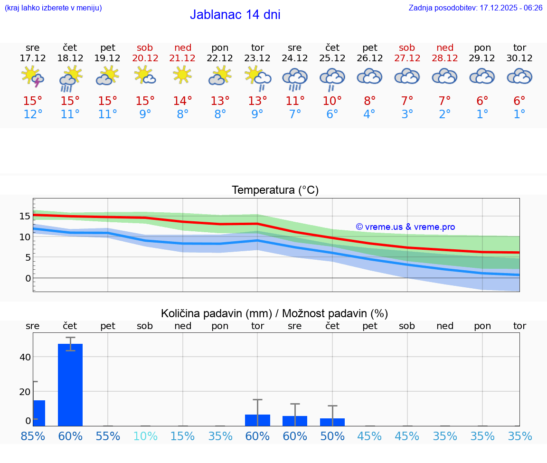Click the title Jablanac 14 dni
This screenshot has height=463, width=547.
[235, 15]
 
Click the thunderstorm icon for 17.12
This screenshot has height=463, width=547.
[33, 77]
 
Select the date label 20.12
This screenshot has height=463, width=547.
[145, 58]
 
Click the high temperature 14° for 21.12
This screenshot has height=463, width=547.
[182, 101]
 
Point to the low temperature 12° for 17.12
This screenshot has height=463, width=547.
[32, 114]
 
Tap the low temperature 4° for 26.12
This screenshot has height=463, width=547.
[369, 114]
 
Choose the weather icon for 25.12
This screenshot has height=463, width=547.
[332, 79]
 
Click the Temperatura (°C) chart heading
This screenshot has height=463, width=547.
[275, 190]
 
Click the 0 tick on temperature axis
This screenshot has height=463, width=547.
[28, 278]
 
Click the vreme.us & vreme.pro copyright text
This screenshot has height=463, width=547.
[406, 227]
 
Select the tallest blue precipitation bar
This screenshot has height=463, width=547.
[70, 385]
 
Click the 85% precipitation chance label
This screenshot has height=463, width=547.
[33, 436]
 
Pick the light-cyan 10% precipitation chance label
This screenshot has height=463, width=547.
[145, 436]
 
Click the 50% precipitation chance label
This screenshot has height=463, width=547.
[332, 436]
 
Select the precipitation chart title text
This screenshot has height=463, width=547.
[274, 313]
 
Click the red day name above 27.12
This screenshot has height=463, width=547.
[407, 47]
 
